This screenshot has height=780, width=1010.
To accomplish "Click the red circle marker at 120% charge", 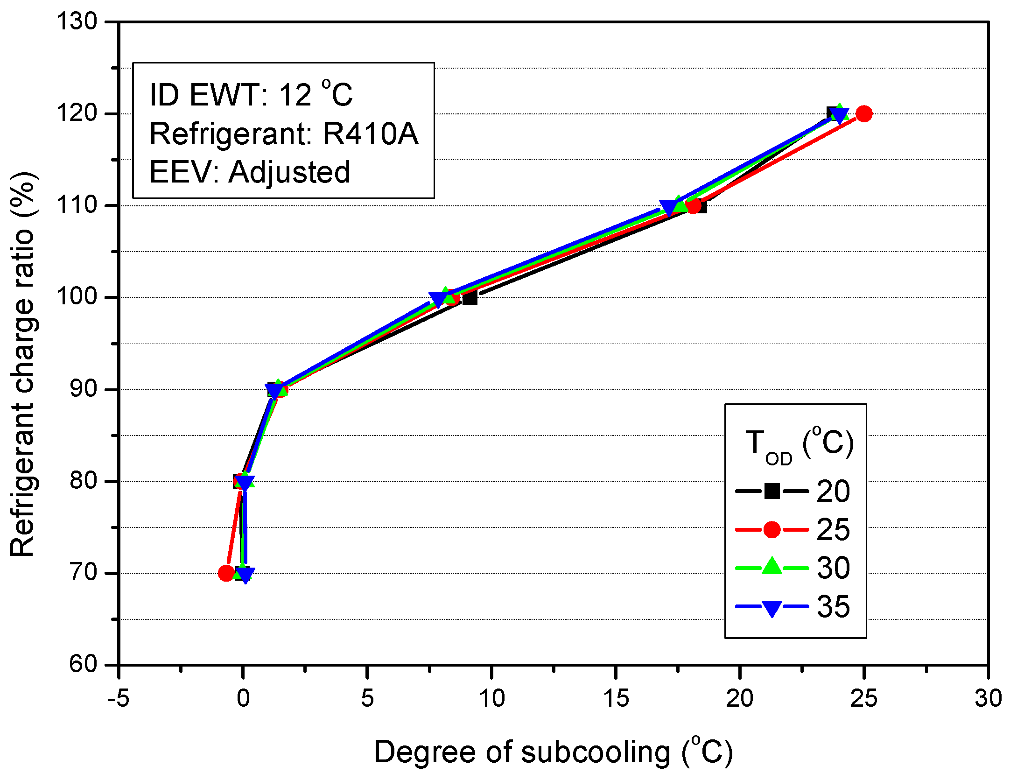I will click(x=864, y=113).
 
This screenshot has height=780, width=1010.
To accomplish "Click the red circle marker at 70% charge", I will click(x=226, y=573).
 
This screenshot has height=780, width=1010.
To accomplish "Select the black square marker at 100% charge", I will click(x=470, y=298).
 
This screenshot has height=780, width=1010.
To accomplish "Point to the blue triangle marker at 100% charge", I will click(x=438, y=299).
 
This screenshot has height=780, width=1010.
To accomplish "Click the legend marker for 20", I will click(x=772, y=491).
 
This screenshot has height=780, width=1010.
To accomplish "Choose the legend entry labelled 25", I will click(x=833, y=530).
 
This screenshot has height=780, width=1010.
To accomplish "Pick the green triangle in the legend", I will click(x=772, y=567).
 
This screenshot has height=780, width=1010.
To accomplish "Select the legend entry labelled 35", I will click(x=833, y=607).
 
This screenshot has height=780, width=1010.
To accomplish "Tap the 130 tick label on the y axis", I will click(x=77, y=21).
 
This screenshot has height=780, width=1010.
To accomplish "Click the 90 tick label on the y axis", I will click(x=83, y=389).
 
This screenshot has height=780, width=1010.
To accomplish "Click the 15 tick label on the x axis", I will click(x=616, y=699).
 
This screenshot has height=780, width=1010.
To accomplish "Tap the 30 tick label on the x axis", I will click(x=988, y=699).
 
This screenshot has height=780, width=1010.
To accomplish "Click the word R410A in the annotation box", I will click(x=371, y=134).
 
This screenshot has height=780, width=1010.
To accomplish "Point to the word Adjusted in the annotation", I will click(x=289, y=172).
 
